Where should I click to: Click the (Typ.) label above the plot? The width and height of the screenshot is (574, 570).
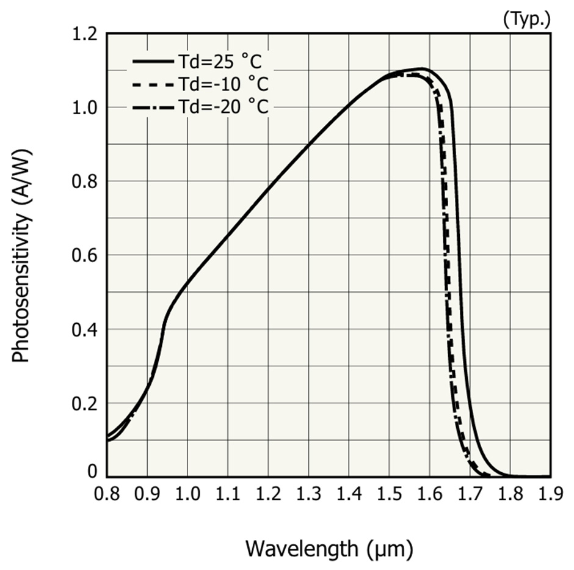point(526,19)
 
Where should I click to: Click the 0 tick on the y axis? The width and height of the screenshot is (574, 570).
point(92,472)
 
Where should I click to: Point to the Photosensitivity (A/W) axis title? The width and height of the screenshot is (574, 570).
point(21,255)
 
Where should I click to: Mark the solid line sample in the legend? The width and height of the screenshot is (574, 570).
point(153,62)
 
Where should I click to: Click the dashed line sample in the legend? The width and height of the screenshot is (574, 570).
point(153,84)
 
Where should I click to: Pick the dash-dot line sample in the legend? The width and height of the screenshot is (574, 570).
point(153,106)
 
